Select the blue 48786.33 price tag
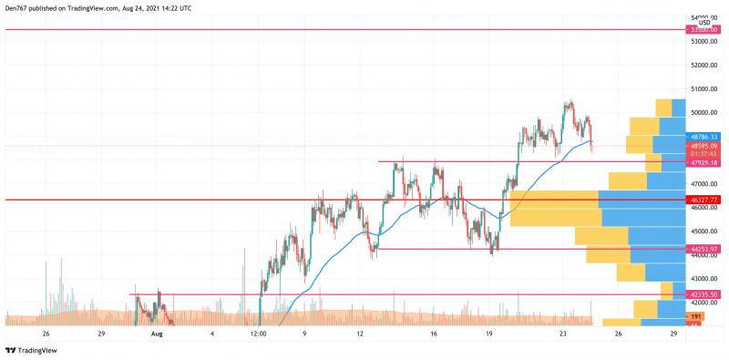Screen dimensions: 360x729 pos(705,137)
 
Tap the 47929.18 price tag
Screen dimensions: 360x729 pos(705,162)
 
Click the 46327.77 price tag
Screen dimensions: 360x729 pos(705,199)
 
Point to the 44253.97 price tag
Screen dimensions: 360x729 pos(705,248)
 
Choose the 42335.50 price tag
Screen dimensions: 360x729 pos(705,294)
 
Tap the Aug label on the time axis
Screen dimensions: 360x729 pos(157,334)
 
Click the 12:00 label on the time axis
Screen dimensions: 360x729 pos(258,334)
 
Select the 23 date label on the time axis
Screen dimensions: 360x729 pos(563,334)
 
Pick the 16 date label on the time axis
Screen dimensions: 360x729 pos(434,334)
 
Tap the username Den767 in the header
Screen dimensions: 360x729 pos(17,7)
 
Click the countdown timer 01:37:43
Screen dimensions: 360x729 pos(705,153)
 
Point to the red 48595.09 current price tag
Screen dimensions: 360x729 pos(705,146)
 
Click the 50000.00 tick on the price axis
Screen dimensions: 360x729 pos(704,113)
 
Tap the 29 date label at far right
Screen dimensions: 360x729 pos(673,334)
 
